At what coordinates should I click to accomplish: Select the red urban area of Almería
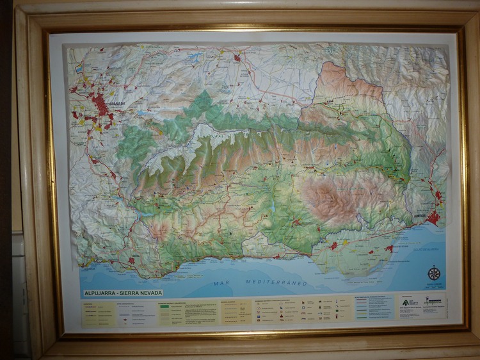(x=435, y=218)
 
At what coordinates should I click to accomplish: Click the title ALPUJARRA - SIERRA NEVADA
(x=122, y=293)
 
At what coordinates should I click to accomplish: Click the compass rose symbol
(x=434, y=273)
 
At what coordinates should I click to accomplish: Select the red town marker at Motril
(x=131, y=260)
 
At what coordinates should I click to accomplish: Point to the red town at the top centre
(x=237, y=58)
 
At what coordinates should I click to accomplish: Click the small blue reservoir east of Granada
(x=142, y=113)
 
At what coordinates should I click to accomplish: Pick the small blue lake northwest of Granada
(x=79, y=67)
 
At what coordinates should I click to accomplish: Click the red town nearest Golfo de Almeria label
(x=388, y=248)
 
